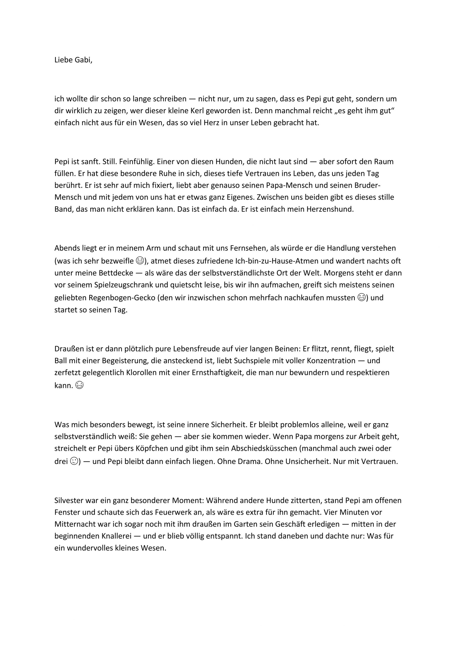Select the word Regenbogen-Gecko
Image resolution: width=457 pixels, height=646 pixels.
coord(122,298)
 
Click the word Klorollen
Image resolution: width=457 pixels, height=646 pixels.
coord(143,372)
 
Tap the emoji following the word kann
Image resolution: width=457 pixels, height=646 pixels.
coord(80,385)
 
